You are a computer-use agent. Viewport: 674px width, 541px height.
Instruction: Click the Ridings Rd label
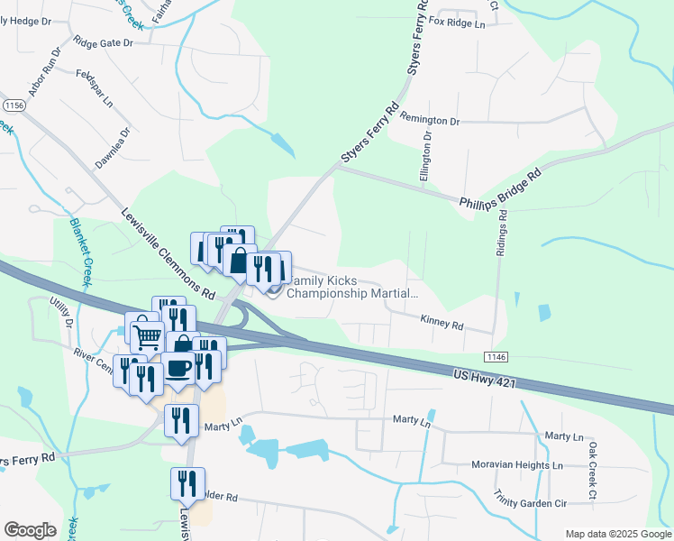(503, 234)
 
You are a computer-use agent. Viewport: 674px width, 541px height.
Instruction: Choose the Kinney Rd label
(442, 320)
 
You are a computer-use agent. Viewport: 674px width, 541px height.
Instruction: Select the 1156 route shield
(14, 105)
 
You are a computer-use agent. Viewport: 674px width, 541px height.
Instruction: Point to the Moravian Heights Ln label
(517, 466)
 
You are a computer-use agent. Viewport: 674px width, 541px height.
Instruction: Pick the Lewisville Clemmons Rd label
(168, 255)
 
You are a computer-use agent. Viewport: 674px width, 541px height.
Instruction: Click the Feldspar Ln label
(94, 86)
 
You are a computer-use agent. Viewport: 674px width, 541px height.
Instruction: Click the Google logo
(30, 530)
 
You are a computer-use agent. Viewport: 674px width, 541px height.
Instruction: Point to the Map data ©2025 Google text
(617, 534)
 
